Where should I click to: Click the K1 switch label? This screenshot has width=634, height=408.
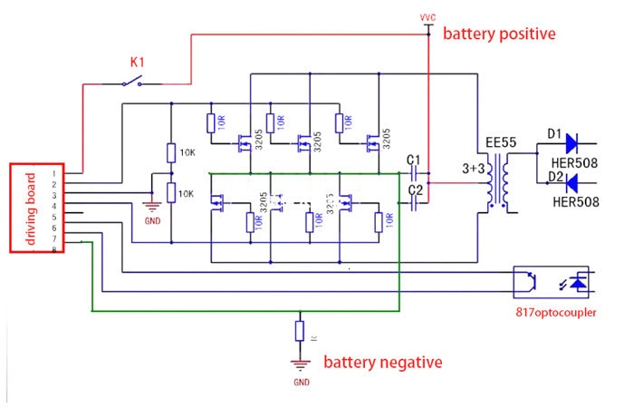(x=138, y=63)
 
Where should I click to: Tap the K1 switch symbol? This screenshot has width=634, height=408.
(x=138, y=83)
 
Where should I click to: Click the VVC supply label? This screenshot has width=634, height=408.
(x=428, y=17)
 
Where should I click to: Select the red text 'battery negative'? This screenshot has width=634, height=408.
(x=383, y=362)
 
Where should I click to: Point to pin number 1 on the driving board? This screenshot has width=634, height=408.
(x=54, y=172)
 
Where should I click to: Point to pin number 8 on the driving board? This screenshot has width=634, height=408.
(x=54, y=249)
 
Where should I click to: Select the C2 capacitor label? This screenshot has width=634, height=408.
(x=416, y=189)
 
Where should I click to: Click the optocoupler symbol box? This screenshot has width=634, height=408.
(x=551, y=282)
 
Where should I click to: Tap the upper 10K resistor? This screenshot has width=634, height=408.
(x=170, y=153)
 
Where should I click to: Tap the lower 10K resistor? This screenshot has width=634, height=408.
(x=170, y=192)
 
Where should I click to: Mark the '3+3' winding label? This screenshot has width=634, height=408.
(x=473, y=169)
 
